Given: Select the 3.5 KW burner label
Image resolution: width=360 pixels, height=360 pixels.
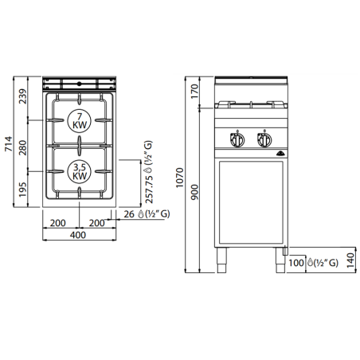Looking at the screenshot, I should [x=80, y=171].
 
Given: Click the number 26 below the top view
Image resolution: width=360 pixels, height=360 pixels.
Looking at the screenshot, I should [x=131, y=213].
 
